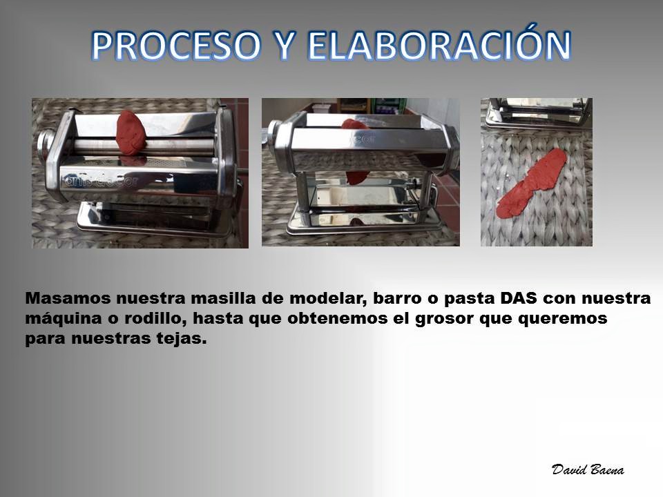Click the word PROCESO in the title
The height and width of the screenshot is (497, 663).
(x=176, y=45)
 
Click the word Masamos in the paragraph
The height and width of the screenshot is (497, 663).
(x=68, y=298)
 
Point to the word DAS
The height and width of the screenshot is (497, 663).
(x=519, y=298)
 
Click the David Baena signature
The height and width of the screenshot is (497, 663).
(x=588, y=469)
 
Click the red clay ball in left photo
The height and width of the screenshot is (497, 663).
(x=131, y=133)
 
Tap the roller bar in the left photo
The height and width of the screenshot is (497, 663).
(x=144, y=146)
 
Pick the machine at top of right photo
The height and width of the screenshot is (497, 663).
(x=538, y=112)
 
